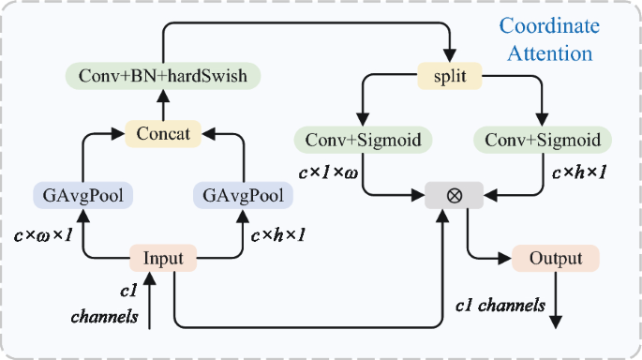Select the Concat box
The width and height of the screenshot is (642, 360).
164,134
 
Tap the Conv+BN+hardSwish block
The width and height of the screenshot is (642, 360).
162,76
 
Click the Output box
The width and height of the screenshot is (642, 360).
555,257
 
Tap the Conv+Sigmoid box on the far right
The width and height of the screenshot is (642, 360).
543,141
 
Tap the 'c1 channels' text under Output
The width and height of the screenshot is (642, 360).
500,305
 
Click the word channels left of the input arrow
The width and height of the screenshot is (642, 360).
105,317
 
